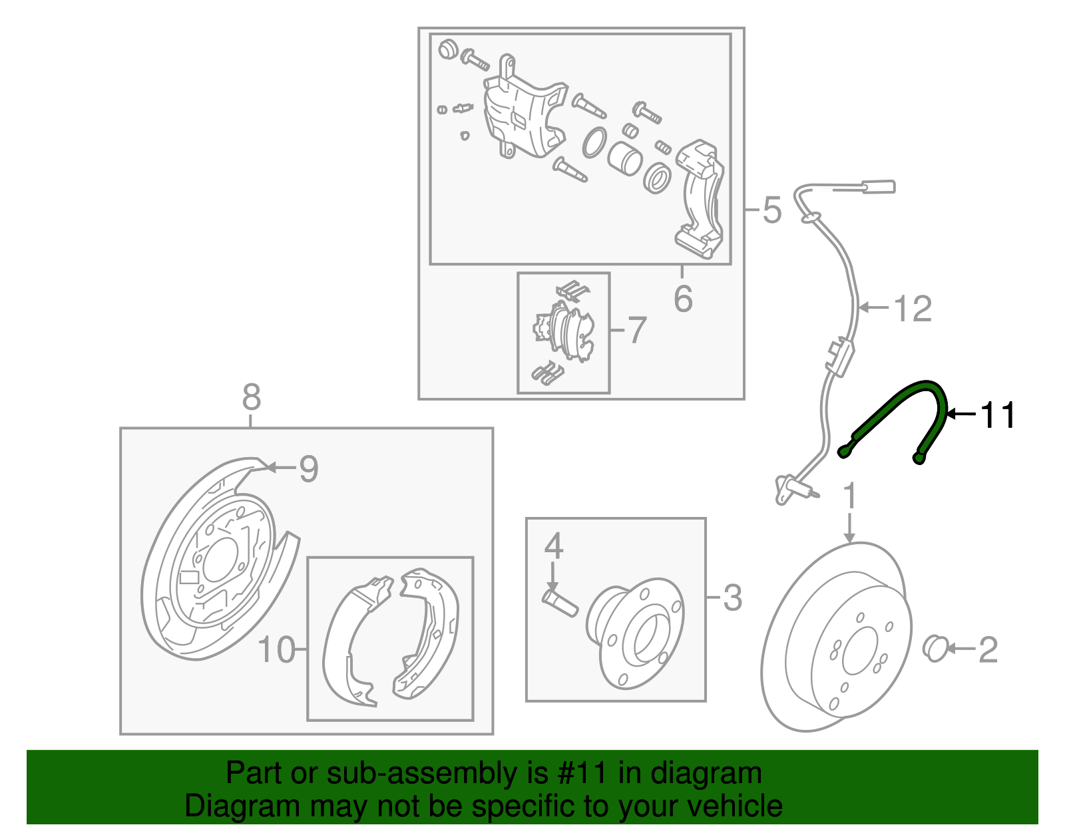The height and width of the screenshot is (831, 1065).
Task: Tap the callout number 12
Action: (913, 309)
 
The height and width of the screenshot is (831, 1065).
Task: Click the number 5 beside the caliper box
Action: (771, 210)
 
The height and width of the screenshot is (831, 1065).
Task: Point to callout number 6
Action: (683, 299)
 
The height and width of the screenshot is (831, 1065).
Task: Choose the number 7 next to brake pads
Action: (637, 330)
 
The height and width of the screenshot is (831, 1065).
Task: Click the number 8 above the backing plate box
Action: (251, 397)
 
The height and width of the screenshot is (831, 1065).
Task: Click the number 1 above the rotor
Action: (849, 497)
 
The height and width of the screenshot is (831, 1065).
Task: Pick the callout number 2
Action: (988, 649)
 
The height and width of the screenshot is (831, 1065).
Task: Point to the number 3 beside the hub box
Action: (732, 597)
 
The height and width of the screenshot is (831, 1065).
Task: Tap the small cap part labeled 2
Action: (935, 648)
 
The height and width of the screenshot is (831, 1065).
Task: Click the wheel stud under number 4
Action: (560, 603)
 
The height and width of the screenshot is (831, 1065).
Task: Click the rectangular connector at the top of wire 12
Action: (879, 186)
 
